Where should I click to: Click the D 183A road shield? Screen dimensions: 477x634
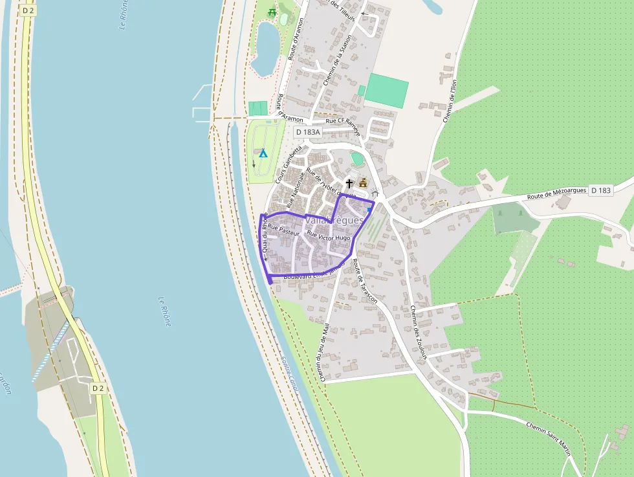(308, 132)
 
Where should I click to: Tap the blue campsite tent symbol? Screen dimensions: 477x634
(263, 153)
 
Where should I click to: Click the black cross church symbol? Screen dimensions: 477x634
(349, 184)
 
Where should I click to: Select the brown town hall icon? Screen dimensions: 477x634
(363, 183)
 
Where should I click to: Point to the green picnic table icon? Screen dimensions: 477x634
(272, 12)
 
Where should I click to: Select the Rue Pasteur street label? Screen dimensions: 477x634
(283, 229)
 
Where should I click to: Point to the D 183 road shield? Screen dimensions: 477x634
(601, 190)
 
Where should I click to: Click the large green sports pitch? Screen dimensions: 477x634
(386, 91)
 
